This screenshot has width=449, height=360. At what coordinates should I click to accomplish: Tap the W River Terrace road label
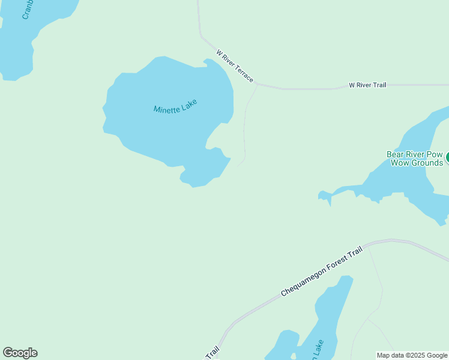point(235,66)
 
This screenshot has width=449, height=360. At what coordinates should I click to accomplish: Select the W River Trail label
point(367,85)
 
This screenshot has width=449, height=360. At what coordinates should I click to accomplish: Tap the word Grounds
point(426,163)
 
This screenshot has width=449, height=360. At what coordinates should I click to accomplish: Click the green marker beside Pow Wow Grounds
point(447,158)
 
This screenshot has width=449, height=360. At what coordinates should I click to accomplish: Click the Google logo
point(20,353)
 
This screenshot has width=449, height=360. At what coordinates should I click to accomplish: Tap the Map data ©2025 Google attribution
point(412,355)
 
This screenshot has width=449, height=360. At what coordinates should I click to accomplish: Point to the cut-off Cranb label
point(26,10)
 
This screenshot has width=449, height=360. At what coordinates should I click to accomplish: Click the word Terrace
point(244,74)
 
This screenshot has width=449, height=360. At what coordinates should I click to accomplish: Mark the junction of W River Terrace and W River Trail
point(258,83)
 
